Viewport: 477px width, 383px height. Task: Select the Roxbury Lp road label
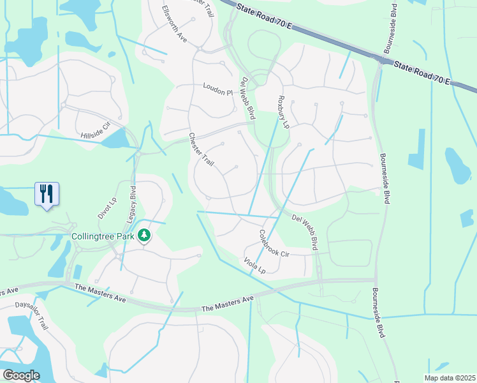pyautogui.click(x=283, y=112)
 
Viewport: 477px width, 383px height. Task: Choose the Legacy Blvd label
pyautogui.click(x=133, y=203)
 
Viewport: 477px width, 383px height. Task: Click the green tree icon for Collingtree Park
pyautogui.click(x=145, y=236)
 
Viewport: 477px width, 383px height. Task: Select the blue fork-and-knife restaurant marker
pyautogui.click(x=47, y=193)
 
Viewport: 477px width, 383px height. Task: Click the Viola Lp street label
pyautogui.click(x=254, y=265)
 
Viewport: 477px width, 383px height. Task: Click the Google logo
pyautogui.click(x=20, y=375)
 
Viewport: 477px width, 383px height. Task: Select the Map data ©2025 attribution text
pyautogui.click(x=450, y=378)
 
